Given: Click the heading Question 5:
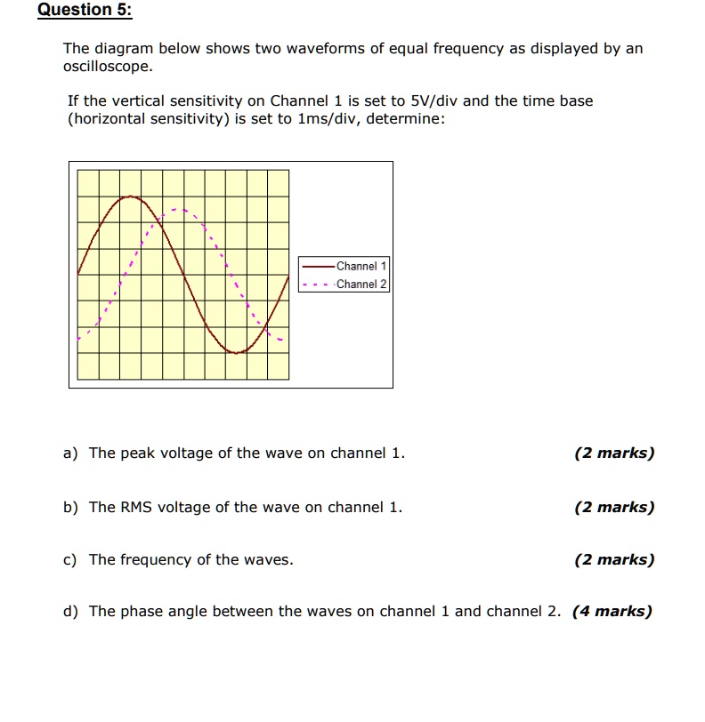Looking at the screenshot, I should [x=85, y=11].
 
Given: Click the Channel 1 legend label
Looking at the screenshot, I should [x=361, y=266].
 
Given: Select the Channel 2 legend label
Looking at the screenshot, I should [x=361, y=285].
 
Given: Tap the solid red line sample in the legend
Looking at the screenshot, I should [x=318, y=266].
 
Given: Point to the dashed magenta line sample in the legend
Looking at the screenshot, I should [x=318, y=285].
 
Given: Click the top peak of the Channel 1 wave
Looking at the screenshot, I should [x=131, y=197].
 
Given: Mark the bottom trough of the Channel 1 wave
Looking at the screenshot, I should [x=237, y=352].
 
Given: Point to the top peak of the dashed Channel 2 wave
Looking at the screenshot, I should [x=181, y=211].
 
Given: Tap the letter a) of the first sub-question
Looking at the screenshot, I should [x=70, y=453].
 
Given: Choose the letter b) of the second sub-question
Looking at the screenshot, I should [x=70, y=508].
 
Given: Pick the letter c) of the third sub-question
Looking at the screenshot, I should [x=70, y=560].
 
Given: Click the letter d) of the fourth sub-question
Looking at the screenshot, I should [x=70, y=612].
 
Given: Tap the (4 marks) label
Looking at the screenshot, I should [x=612, y=612].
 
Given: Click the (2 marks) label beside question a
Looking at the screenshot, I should [x=614, y=453].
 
